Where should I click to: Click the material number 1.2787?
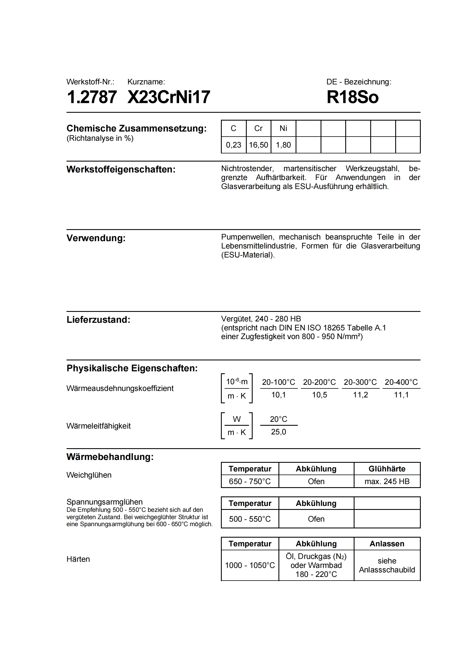[92, 97]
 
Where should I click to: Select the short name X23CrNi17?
[169, 97]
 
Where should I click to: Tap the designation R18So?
[353, 97]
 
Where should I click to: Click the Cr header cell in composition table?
[258, 128]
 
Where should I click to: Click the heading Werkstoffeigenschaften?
[121, 169]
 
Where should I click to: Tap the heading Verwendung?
[96, 238]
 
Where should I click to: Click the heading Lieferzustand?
[98, 320]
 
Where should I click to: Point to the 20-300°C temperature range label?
[360, 382]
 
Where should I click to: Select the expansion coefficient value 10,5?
[319, 395]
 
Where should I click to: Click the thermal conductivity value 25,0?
[278, 432]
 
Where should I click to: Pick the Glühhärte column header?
[387, 469]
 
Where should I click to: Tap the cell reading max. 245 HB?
[387, 482]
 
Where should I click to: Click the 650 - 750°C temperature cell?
[250, 482]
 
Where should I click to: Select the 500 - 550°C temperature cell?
[250, 519]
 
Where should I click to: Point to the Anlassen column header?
[387, 544]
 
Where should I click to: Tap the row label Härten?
[78, 559]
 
